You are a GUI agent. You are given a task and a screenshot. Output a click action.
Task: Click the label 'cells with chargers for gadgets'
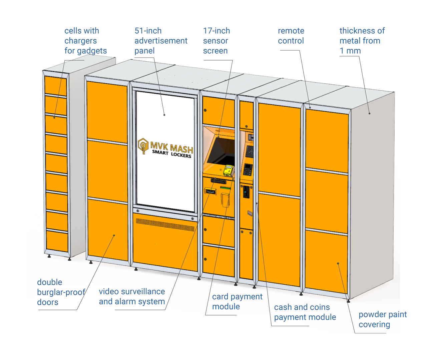[x=85, y=41]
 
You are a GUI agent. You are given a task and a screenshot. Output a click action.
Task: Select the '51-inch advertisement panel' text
[x=160, y=41]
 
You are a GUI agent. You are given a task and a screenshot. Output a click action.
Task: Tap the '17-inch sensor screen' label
[x=216, y=41]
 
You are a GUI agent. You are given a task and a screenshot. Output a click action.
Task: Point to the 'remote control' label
[x=291, y=36]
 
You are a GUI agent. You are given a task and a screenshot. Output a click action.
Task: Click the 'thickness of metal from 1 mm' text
[x=362, y=41]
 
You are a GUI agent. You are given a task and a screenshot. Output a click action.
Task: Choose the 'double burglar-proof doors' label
[x=61, y=292]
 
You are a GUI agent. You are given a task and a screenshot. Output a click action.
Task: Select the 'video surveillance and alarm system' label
[x=132, y=296]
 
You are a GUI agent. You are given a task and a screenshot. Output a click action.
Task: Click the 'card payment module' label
[x=237, y=301]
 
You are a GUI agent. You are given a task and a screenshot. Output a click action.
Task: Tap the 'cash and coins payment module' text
[x=305, y=312]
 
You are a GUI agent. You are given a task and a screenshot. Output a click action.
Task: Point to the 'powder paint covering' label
[x=382, y=319]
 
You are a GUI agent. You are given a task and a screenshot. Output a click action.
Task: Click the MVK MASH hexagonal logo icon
[x=143, y=146]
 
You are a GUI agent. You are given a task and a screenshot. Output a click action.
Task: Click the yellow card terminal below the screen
[x=228, y=170]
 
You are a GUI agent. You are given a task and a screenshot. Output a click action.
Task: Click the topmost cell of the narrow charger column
[x=56, y=85]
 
